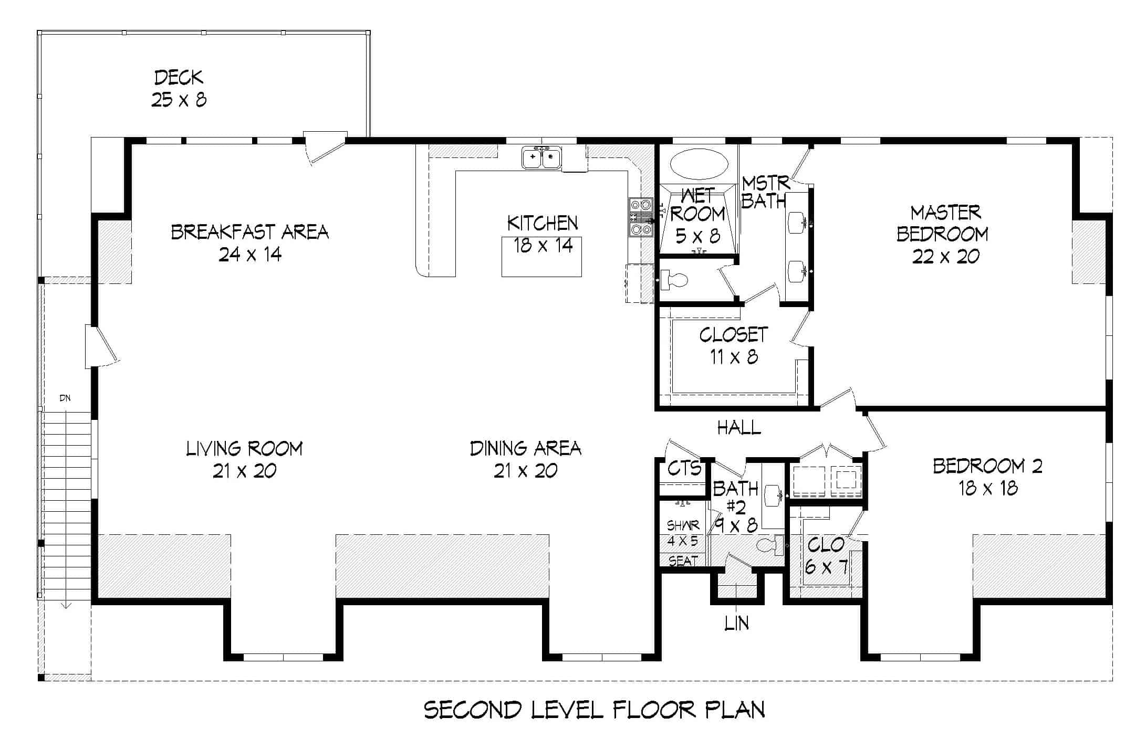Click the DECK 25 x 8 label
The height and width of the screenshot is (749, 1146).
point(179,88)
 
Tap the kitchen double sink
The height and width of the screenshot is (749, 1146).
point(541,157)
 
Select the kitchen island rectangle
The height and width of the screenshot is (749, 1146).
point(541,257)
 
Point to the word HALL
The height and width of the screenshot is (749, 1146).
point(739,428)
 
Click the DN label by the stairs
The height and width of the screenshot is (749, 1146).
point(65,398)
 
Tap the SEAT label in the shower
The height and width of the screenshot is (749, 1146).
point(683,561)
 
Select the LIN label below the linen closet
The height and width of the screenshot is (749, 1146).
point(736,624)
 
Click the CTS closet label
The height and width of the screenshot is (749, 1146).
point(684,468)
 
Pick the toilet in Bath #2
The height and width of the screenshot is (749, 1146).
point(771,546)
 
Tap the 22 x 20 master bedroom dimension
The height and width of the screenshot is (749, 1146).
point(945,257)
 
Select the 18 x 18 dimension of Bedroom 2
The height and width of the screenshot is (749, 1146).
point(988,489)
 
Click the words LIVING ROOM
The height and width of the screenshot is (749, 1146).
point(244,449)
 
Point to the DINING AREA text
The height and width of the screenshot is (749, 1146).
point(525,449)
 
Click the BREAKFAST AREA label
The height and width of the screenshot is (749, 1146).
point(250,232)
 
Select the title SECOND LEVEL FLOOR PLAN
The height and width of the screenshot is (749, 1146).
point(594,710)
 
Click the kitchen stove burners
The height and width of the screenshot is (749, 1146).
point(641,217)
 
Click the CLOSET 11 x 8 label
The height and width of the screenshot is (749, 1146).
point(734,346)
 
